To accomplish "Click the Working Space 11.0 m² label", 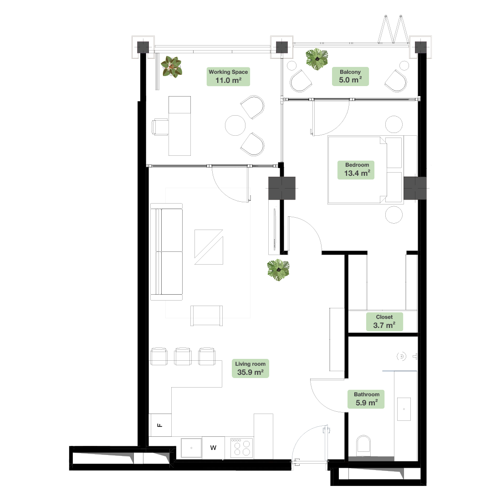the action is click(228, 77).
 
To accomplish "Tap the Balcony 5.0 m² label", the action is click(350, 77).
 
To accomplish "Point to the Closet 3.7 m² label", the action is click(384, 322).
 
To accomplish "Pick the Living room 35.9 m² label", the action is click(250, 368).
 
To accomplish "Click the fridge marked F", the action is click(160, 425).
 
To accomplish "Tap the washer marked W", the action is click(213, 448).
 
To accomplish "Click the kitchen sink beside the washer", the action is click(191, 448).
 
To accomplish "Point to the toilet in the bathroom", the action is click(363, 445).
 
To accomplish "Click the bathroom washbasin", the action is click(404, 409).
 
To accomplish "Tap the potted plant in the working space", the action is click(172, 67).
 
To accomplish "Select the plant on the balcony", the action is click(317, 59).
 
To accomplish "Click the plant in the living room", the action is click(278, 270).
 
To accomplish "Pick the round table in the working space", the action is click(235, 125).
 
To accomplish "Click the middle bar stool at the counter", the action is click(183, 356).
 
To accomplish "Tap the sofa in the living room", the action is click(166, 252).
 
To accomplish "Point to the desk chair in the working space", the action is click(160, 127).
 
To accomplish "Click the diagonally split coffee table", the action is click(209, 247).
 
